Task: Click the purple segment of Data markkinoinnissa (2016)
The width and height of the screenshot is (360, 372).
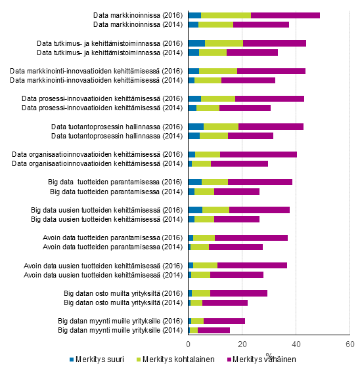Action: [285, 15]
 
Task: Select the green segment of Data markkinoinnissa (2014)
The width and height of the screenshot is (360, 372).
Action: [215, 24]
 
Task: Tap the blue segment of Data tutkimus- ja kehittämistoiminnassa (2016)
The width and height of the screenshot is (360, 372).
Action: [196, 43]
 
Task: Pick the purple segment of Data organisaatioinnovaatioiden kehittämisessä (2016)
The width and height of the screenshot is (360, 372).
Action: [258, 154]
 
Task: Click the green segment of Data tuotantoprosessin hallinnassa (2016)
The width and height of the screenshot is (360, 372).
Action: [221, 127]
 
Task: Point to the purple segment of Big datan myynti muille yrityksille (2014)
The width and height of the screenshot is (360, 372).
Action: [214, 331]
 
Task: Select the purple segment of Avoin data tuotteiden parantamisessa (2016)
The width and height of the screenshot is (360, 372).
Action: [251, 238]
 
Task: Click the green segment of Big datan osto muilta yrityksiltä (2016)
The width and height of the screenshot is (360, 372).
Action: [201, 293]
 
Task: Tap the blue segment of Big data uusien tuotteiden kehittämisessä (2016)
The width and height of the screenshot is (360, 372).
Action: [195, 210]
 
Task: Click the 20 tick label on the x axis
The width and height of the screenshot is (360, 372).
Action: [242, 344]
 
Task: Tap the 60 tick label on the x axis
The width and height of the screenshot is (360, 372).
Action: [349, 344]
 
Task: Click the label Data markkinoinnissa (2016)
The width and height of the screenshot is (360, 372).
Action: [138, 15]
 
